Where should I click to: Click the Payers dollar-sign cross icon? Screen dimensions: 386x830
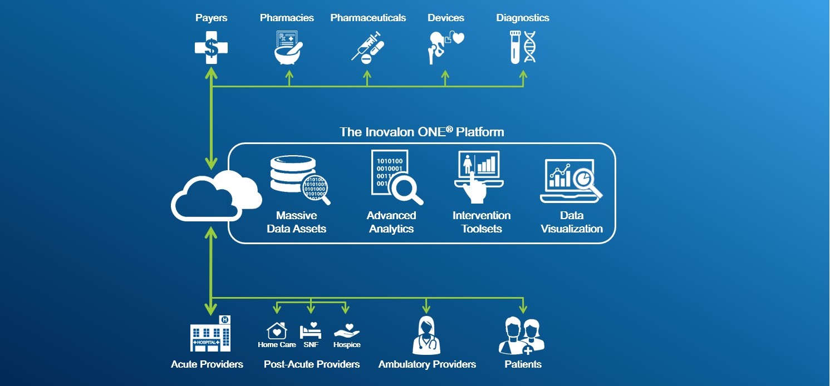click(211, 47)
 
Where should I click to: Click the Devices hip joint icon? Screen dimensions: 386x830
click(445, 47)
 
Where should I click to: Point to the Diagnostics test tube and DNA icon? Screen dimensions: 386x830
click(523, 47)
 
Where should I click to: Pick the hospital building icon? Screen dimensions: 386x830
click(210, 334)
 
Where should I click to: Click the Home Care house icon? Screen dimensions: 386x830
click(277, 331)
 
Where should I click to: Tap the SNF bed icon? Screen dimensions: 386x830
click(311, 331)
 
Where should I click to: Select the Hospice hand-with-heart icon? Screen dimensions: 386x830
click(346, 331)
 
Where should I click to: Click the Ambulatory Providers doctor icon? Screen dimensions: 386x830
click(427, 335)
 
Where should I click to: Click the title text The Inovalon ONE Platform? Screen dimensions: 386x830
click(421, 132)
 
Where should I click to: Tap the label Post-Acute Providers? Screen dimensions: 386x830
click(312, 364)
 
